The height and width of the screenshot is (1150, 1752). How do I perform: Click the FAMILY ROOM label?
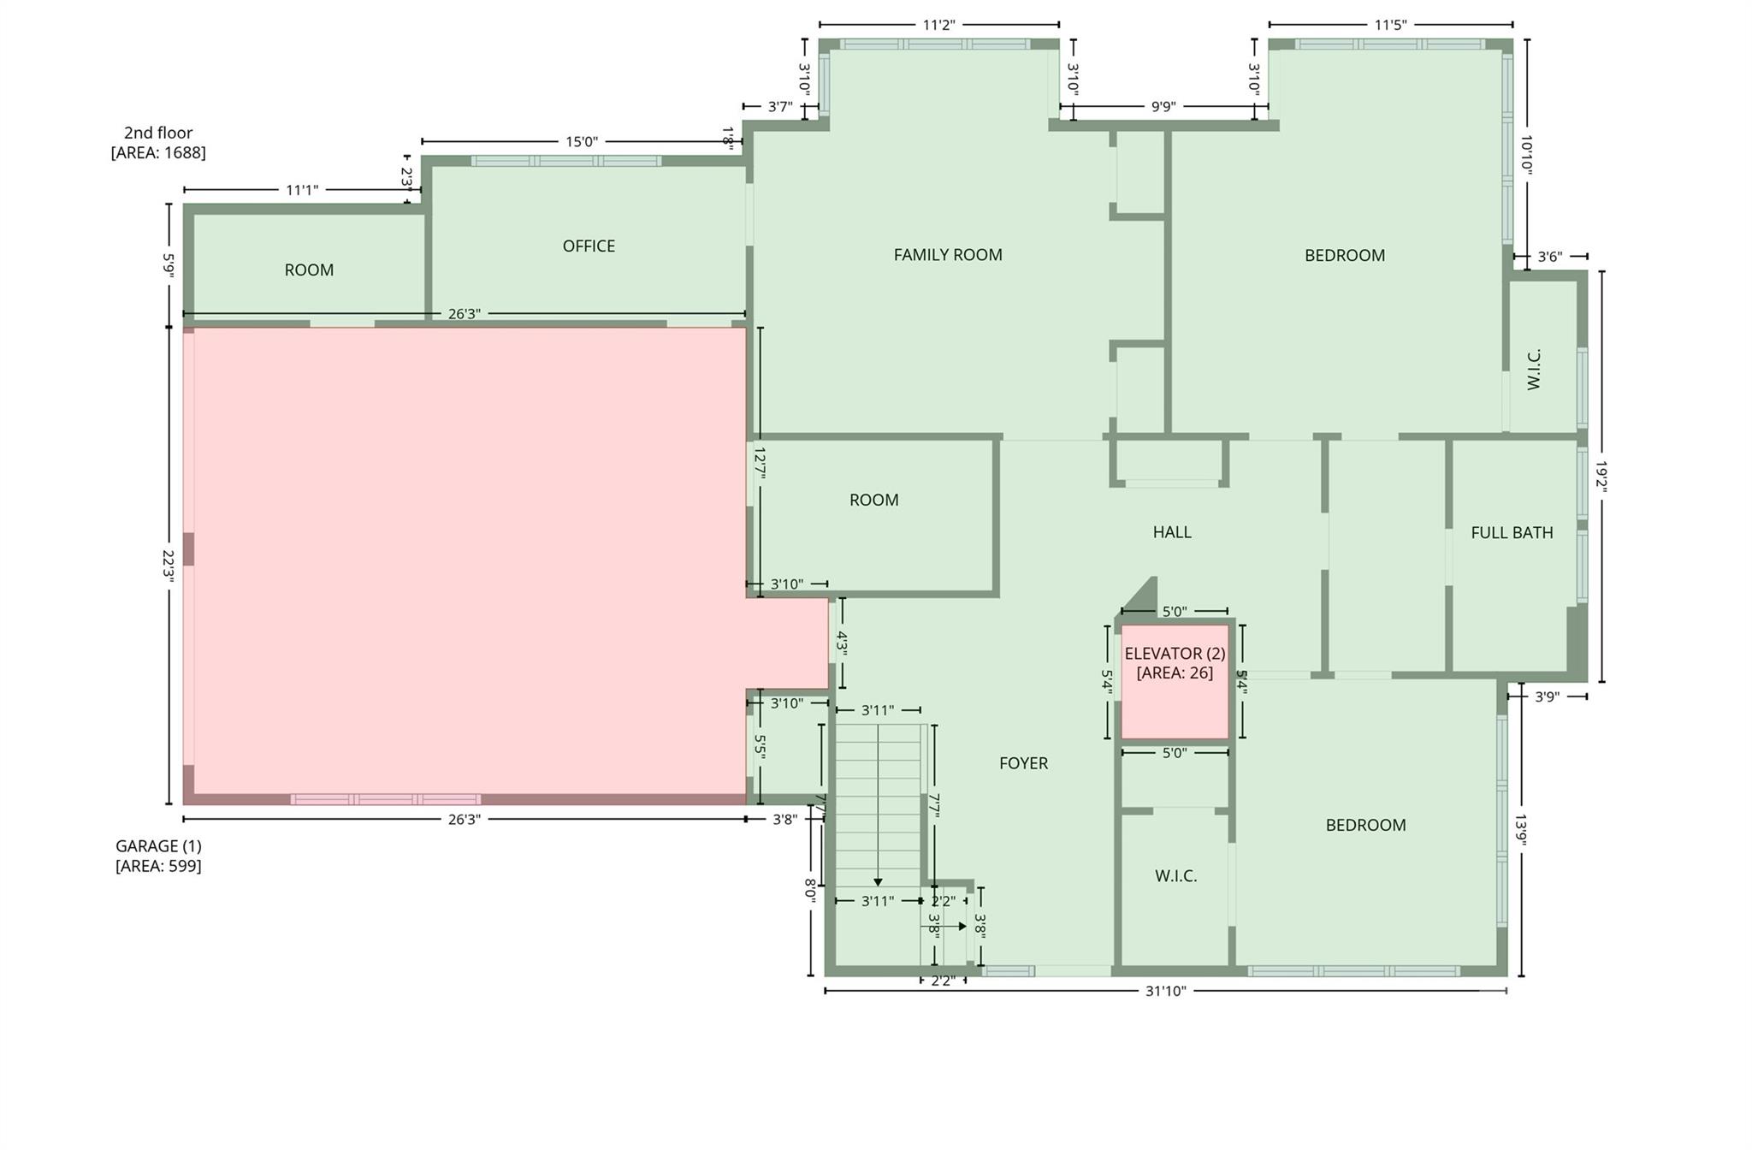(947, 255)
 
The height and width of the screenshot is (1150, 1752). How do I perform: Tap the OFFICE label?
(589, 246)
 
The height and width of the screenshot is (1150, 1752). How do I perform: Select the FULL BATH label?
(1512, 533)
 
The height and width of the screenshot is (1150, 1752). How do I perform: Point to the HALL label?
(1171, 532)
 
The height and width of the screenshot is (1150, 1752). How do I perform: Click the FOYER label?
(1023, 763)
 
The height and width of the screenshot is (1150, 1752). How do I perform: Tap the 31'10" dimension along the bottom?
(1165, 992)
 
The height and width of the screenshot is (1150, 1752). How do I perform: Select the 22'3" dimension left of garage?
(169, 566)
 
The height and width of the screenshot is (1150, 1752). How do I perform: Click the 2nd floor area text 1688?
(158, 153)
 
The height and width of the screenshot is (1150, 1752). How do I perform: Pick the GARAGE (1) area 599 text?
(158, 866)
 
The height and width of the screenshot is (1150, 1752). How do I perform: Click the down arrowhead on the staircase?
(878, 882)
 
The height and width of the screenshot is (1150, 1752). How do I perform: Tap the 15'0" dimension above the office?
(581, 142)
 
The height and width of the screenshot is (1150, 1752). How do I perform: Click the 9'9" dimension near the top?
(1163, 107)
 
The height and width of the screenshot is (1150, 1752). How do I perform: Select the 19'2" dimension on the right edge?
(1601, 477)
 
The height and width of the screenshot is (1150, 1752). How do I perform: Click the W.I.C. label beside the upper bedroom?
(1534, 369)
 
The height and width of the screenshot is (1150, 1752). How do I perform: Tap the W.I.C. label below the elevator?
(1175, 876)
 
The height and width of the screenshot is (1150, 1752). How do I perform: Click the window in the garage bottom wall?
(385, 799)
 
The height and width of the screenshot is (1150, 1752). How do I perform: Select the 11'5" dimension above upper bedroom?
(1390, 25)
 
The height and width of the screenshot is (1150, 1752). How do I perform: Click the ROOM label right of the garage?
(873, 501)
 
